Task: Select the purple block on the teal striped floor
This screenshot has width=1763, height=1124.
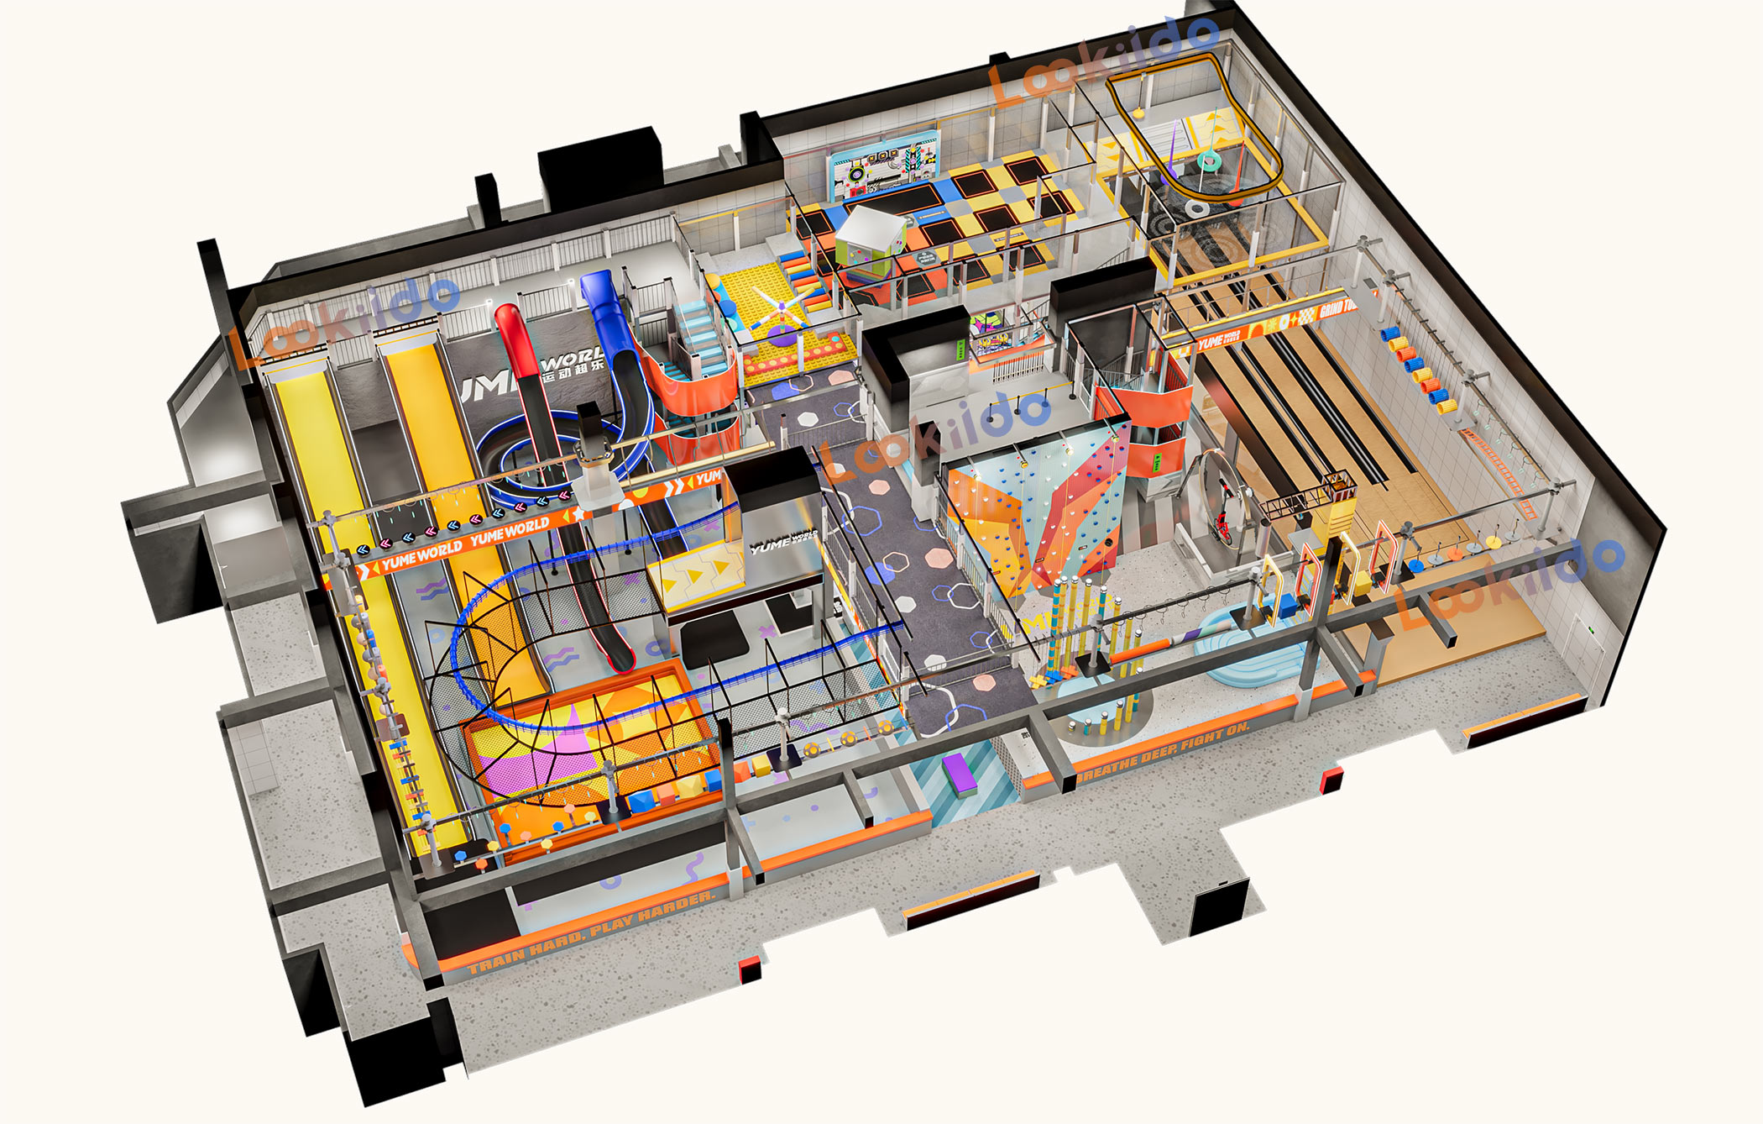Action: (957, 774)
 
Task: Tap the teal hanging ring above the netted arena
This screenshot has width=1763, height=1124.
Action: (1210, 160)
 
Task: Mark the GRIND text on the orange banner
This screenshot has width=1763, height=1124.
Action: (1335, 309)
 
